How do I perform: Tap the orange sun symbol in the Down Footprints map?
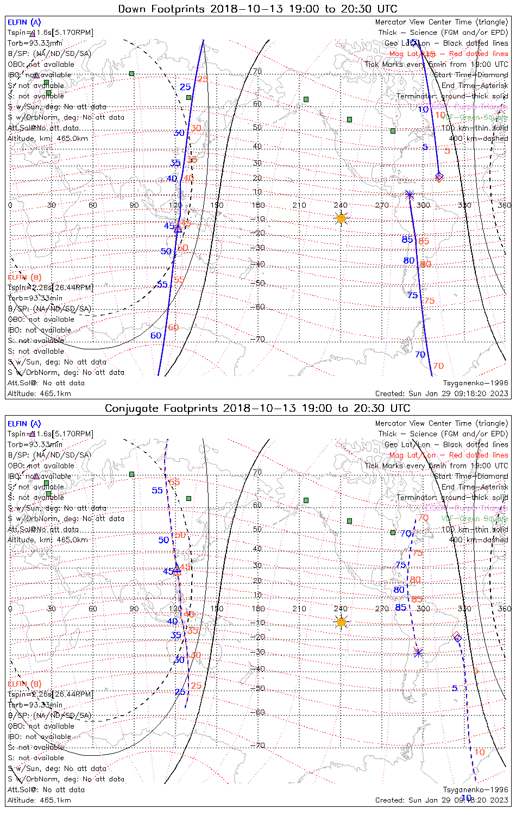(341, 218)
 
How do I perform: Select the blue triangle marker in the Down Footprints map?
(178, 228)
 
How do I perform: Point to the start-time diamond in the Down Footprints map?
(439, 177)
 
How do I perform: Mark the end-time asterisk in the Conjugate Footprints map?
(418, 652)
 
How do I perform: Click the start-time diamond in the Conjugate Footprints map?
(457, 637)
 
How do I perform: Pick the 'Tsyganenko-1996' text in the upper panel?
(476, 383)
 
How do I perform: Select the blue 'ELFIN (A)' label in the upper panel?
(24, 22)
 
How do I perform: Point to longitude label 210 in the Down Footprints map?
(299, 205)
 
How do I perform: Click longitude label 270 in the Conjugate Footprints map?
(382, 609)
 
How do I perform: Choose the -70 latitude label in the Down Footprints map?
(257, 340)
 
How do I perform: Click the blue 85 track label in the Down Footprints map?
(407, 240)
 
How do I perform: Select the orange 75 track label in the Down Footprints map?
(429, 300)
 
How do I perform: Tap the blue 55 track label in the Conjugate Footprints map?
(157, 490)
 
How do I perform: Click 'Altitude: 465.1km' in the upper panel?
(39, 393)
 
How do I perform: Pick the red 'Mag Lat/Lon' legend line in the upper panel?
(449, 54)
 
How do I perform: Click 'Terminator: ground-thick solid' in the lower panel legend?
(452, 497)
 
